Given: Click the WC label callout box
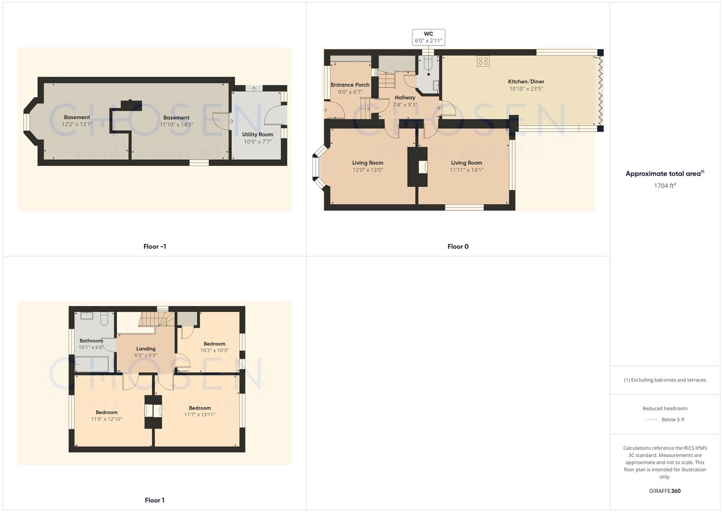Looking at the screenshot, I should (428, 37).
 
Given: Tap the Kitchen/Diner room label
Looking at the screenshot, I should (526, 82).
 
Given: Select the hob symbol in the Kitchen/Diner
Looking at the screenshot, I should (483, 61).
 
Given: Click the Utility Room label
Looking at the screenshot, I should (258, 135).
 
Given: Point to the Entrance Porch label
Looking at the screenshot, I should (350, 85).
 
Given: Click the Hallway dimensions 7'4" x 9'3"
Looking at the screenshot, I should (405, 105).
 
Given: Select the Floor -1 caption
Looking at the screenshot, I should (154, 247).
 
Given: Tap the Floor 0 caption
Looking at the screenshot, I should (458, 247).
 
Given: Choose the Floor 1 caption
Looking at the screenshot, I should (154, 500).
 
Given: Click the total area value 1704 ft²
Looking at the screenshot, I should (665, 186).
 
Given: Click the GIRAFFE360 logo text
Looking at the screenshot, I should (665, 491).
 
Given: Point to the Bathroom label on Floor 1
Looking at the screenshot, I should (91, 341).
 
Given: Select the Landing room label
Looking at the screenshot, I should (145, 349).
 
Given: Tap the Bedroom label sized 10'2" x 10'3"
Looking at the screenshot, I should (214, 344).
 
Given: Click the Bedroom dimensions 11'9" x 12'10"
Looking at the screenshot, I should (107, 419).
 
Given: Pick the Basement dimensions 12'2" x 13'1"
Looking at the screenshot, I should (77, 124).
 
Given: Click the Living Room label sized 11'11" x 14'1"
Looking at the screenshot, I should (466, 163).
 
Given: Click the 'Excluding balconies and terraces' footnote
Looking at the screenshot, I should (665, 380).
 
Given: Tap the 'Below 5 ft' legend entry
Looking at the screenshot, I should (672, 420).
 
